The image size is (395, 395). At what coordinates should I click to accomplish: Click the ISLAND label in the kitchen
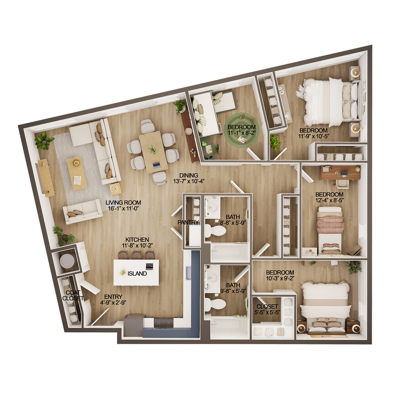pos(137,274)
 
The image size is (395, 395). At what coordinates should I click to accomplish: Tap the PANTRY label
pos(188,223)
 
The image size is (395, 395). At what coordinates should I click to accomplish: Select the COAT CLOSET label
pos(73,295)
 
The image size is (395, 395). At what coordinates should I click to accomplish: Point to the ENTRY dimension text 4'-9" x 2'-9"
pos(113,303)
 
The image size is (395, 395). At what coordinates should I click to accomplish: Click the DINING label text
pos(189,175)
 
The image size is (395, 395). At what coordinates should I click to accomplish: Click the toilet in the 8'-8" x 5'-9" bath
pos(216,231)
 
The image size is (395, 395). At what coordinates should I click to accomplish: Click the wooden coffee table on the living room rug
pos(77,173)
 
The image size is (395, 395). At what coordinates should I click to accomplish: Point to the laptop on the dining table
pos(156,165)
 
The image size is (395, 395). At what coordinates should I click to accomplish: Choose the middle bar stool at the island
pos(136,255)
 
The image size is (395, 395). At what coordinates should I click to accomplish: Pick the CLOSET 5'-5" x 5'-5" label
pos(267,309)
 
